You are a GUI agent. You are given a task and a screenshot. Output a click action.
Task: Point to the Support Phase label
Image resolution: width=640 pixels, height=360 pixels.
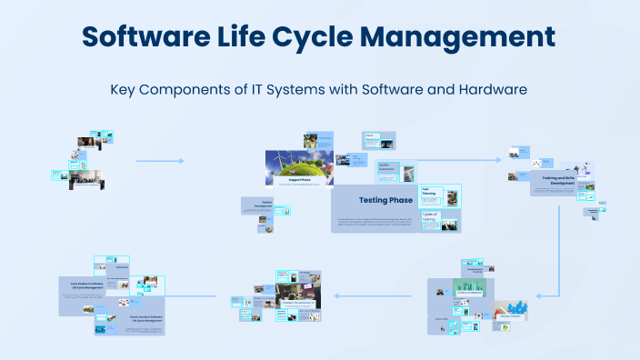coord(301,180)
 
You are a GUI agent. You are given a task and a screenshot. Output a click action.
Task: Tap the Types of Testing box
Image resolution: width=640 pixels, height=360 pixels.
coord(430,215)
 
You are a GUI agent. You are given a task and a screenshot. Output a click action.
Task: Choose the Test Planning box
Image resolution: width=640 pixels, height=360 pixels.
coord(430,193)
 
